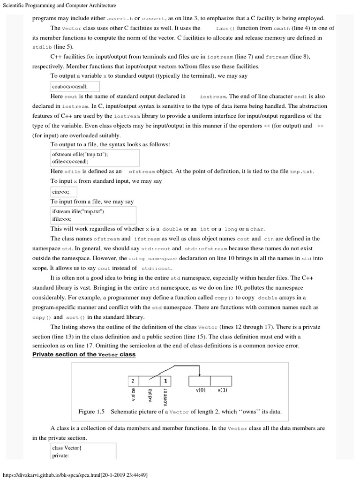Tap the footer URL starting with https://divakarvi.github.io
pyautogui.click(x=75, y=475)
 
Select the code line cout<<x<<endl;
pyautogui.click(x=70, y=87)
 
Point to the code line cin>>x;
pyautogui.click(x=61, y=192)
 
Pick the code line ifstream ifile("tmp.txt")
pyautogui.click(x=78, y=212)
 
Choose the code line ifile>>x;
pyautogui.click(x=62, y=219)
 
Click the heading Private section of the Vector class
pyautogui.click(x=83, y=354)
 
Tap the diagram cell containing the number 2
pyautogui.click(x=133, y=381)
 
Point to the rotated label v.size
pyautogui.click(x=134, y=395)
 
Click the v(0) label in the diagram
pyautogui.click(x=200, y=390)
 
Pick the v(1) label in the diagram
pyautogui.click(x=222, y=390)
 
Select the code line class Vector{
pyautogui.click(x=67, y=448)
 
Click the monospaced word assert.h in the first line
pyautogui.click(x=120, y=18)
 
